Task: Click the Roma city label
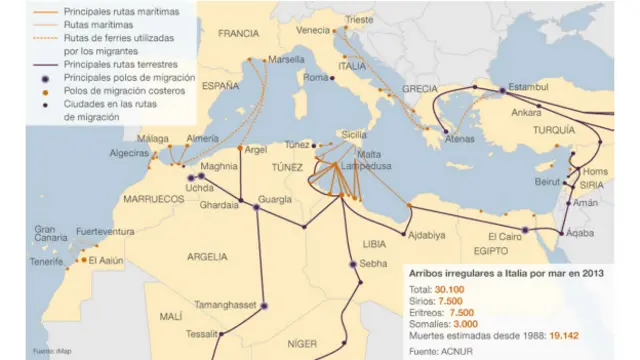(315, 78)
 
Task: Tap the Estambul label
(529, 87)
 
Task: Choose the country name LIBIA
(373, 243)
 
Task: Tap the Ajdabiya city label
(427, 236)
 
